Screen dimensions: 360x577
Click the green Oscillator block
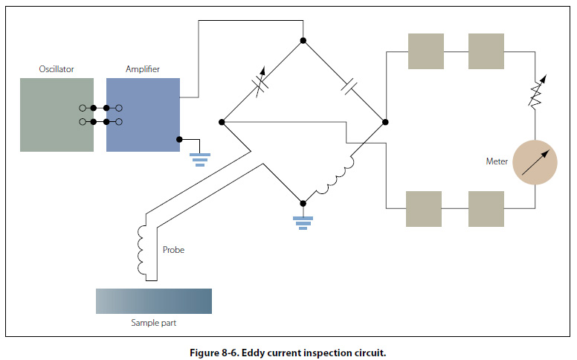(x=57, y=115)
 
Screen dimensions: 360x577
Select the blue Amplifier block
(x=143, y=115)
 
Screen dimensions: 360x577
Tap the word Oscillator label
(x=57, y=69)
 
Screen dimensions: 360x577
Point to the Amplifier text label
(x=143, y=69)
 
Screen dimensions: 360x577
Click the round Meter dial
(x=535, y=161)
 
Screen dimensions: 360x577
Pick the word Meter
(x=496, y=161)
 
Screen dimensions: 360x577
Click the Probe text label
(x=173, y=250)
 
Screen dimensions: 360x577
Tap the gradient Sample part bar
(x=154, y=300)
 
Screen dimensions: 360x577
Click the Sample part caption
(x=154, y=323)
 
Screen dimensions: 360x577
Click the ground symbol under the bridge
(x=302, y=220)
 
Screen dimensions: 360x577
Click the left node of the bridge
(x=222, y=121)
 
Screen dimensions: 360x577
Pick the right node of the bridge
(x=384, y=121)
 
